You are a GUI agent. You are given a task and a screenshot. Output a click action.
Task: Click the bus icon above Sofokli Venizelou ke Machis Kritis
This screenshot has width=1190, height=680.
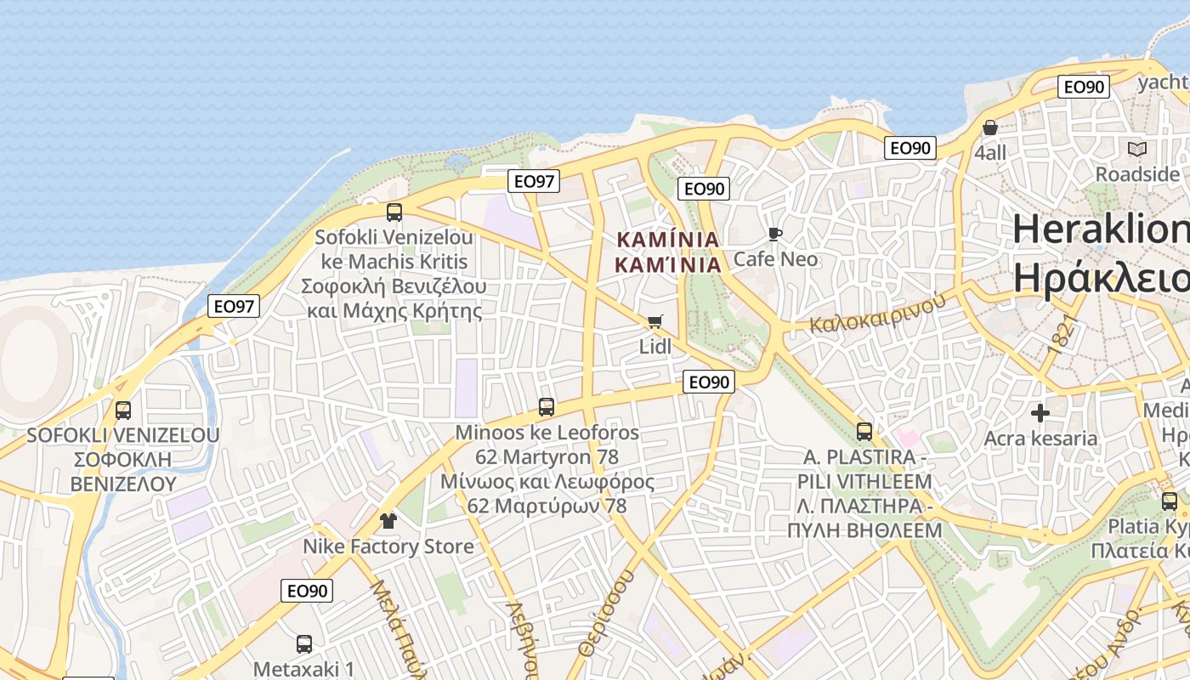click(394, 212)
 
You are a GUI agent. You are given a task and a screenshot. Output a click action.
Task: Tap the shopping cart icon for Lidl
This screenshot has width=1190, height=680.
click(654, 321)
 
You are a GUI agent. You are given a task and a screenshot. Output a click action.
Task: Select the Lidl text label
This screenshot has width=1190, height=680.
click(655, 347)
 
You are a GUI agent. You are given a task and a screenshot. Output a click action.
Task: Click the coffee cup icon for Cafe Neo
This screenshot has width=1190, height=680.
click(774, 234)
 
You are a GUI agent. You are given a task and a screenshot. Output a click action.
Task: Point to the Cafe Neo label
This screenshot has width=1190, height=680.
click(775, 258)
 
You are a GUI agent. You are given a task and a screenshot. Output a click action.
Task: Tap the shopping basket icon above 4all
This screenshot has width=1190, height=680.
click(990, 127)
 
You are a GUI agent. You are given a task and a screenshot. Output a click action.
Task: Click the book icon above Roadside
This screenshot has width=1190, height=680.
click(1136, 150)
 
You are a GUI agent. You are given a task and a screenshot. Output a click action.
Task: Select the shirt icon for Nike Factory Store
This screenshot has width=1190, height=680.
click(388, 520)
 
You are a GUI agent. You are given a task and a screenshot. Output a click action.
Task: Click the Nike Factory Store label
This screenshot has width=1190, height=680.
click(388, 547)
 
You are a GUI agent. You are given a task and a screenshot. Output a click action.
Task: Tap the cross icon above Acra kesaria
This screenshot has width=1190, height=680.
click(1040, 414)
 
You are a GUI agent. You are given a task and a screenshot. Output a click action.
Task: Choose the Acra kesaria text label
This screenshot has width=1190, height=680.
click(1040, 439)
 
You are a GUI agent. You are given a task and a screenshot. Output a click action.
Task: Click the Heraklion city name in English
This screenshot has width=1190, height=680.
click(1101, 229)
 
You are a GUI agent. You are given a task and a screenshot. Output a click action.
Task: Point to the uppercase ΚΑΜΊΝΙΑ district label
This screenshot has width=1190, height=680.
click(667, 239)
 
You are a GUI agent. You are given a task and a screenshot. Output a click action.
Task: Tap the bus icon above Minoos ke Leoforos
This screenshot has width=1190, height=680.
click(547, 407)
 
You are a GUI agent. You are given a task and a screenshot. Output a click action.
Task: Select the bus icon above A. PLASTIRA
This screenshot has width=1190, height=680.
click(864, 432)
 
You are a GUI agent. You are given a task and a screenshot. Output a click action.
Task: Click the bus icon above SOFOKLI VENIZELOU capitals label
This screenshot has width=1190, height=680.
click(123, 411)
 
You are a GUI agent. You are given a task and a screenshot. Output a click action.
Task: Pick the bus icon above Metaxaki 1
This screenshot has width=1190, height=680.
click(303, 644)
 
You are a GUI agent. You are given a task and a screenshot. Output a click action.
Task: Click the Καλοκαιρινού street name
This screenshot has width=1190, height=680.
click(877, 313)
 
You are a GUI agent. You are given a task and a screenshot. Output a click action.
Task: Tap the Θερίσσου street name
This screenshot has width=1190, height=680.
click(607, 612)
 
